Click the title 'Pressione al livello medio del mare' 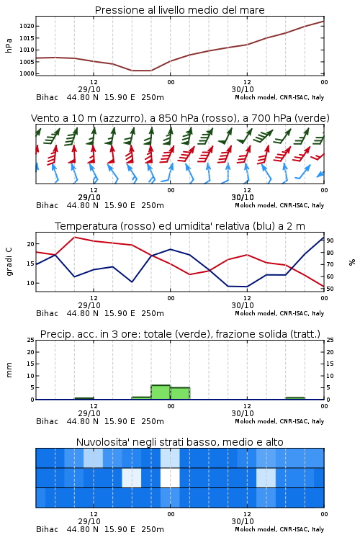click(179, 10)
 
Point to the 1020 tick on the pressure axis click(27, 26)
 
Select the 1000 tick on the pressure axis click(27, 73)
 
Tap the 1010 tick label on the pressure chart click(27, 50)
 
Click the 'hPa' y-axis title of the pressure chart click(9, 45)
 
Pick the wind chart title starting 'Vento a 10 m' click(180, 118)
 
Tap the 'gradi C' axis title click(9, 262)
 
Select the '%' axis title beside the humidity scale click(352, 262)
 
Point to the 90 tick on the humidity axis click(330, 240)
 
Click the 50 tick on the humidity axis click(330, 289)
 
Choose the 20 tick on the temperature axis click(31, 244)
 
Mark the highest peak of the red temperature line click(74, 237)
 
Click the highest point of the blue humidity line click(324, 237)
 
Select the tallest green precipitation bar click(161, 392)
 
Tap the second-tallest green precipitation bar click(180, 393)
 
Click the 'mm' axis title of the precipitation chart click(9, 370)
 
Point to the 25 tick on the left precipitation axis click(31, 340)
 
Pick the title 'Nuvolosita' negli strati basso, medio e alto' click(180, 442)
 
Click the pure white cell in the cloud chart click(170, 477)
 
